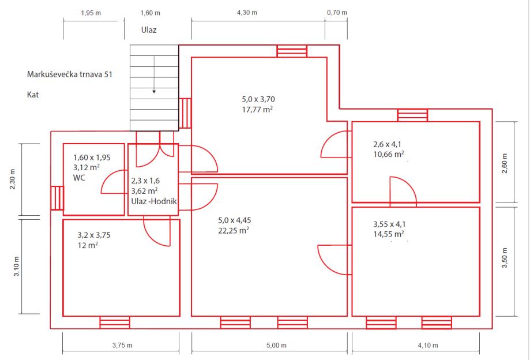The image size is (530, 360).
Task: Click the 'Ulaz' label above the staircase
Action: [149, 29]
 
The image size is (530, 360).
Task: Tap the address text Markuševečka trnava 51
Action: [69, 74]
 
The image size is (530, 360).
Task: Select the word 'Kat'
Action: [32, 93]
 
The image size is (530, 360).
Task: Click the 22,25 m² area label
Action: [233, 230]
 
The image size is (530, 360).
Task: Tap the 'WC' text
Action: [79, 178]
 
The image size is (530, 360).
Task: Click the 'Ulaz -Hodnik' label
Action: [153, 201]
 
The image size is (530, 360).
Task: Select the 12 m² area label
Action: [87, 245]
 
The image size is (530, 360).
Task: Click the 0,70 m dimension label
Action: [337, 12]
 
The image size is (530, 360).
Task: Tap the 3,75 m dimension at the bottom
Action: [122, 346]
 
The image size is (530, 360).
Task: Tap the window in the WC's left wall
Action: [57, 197]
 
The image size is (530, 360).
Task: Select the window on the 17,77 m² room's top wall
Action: [292, 51]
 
